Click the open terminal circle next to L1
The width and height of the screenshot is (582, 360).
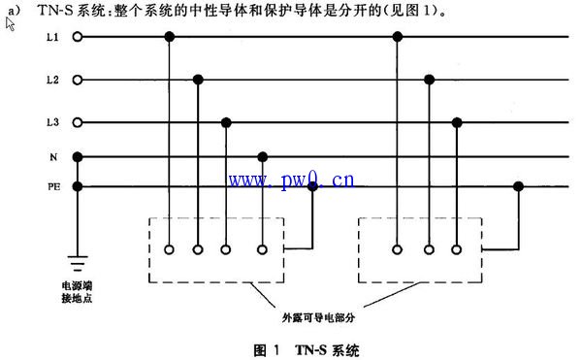78,37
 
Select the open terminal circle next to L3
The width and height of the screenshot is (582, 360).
78,122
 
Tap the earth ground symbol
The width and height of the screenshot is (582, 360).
78,261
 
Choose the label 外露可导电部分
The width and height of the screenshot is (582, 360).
318,316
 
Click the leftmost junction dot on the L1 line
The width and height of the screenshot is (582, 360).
170,37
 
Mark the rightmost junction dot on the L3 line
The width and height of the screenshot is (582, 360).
457,122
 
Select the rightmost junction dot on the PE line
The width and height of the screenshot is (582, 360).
519,185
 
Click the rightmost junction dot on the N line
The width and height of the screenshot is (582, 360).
262,155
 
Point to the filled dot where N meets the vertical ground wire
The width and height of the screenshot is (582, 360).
78,155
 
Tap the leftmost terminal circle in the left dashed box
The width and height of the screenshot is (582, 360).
170,249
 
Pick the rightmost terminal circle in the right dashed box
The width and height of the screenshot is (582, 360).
457,249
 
